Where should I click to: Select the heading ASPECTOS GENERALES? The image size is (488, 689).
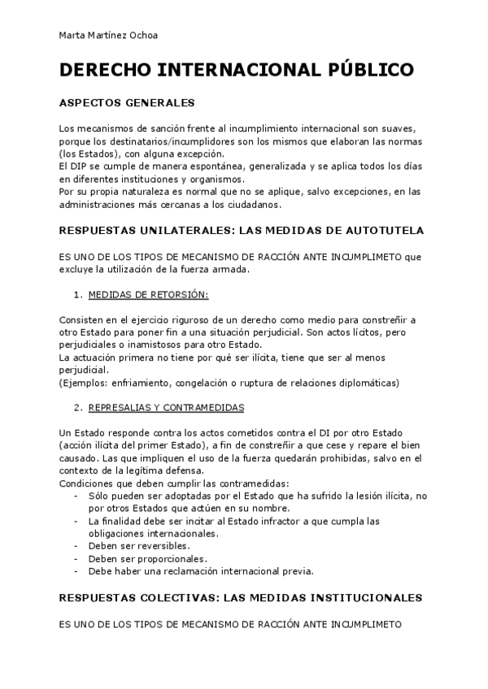tap(127, 104)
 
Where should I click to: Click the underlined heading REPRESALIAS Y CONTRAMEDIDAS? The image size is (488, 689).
tap(167, 407)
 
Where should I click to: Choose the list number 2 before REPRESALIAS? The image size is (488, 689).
tap(76, 407)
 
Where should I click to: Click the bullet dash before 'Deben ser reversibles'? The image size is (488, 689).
tap(76, 546)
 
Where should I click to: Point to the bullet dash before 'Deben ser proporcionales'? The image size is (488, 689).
tap(76, 558)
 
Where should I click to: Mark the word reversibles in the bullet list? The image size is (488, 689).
tap(168, 546)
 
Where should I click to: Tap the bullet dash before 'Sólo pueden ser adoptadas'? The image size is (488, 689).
tap(76, 496)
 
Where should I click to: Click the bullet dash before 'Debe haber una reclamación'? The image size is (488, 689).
tap(76, 570)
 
